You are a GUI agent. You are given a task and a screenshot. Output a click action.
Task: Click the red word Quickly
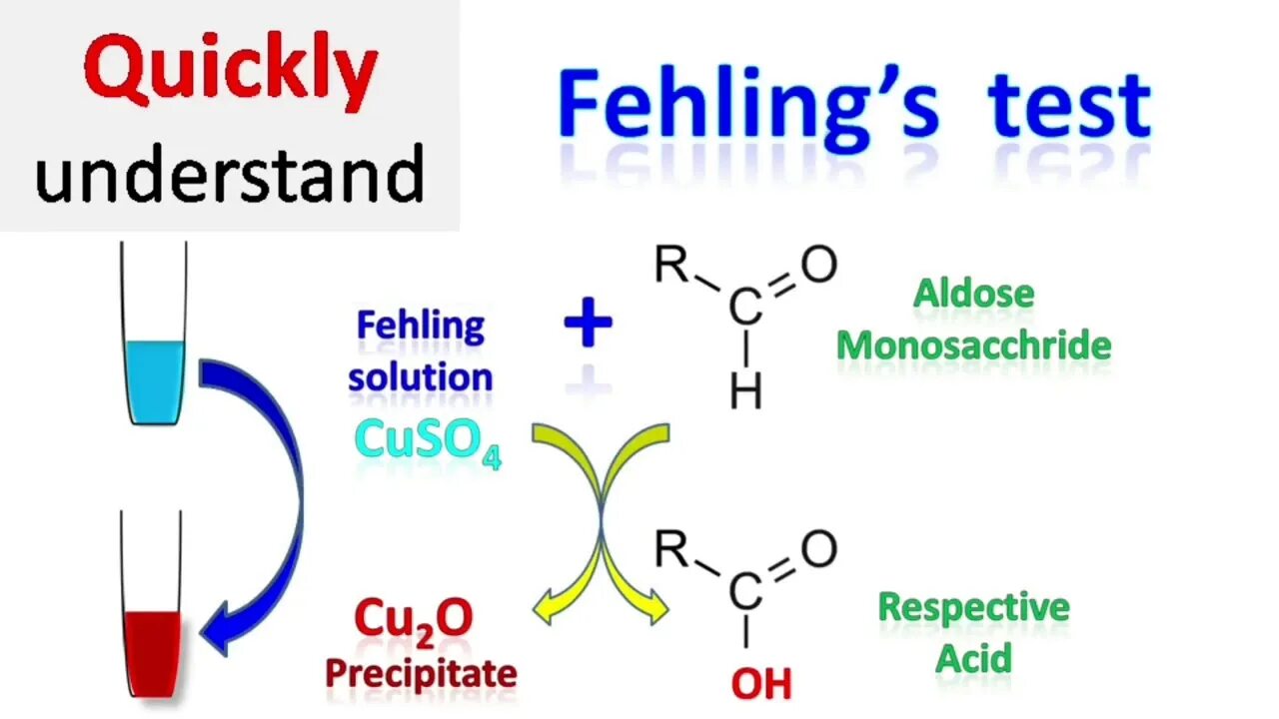[x=230, y=72]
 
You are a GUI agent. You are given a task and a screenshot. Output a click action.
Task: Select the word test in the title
[x=1069, y=105]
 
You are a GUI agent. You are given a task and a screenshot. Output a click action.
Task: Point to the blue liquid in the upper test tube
[x=155, y=379]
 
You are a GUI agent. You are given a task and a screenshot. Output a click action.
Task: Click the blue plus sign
[x=588, y=326]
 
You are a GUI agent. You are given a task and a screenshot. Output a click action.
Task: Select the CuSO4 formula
[x=428, y=440]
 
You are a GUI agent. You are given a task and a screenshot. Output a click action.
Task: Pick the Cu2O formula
[x=413, y=620]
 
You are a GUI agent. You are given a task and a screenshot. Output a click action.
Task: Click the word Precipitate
[x=421, y=673]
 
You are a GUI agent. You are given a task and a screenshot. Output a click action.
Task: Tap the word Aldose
[x=973, y=294]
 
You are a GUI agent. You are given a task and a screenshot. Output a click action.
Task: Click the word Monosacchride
[x=973, y=346]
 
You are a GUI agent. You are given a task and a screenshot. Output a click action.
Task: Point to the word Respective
[x=973, y=607]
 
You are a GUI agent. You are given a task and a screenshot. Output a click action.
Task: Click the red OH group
[x=761, y=684]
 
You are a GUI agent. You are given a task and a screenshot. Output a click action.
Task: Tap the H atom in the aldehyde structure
[x=745, y=390]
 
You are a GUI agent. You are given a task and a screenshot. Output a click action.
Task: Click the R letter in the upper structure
[x=671, y=267]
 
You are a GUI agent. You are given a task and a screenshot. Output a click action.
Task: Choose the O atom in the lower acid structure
[x=818, y=549]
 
